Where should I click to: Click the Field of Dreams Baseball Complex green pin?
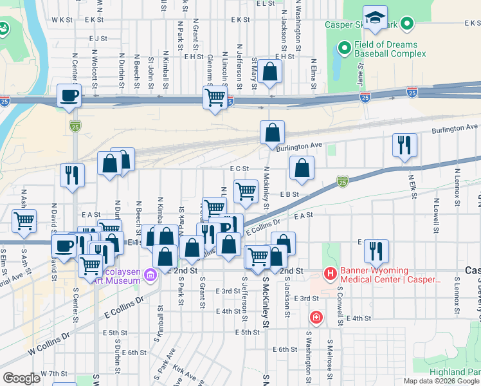click(343, 49)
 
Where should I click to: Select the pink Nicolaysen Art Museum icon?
click(151, 275)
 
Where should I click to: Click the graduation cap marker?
click(374, 19)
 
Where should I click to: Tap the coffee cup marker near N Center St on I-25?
click(69, 96)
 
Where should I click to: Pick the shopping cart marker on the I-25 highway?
click(215, 98)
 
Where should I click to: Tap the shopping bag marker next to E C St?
click(301, 169)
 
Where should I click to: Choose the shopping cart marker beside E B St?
click(246, 191)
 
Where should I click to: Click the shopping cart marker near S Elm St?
click(24, 221)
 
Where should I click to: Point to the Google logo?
click(21, 378)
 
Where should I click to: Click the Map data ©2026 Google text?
click(442, 381)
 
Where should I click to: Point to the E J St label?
click(98, 39)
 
